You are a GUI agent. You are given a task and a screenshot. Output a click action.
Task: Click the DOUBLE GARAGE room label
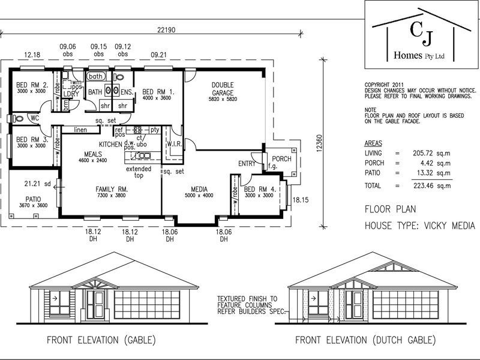(x=222, y=85)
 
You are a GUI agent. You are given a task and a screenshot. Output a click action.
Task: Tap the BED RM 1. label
(x=158, y=92)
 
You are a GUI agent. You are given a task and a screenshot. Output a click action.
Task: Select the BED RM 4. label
(x=259, y=190)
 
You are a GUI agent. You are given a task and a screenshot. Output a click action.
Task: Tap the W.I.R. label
(x=175, y=144)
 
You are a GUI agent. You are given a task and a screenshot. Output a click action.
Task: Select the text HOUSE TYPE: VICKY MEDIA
(x=419, y=226)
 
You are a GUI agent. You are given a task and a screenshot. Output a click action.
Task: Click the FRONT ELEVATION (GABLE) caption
(x=101, y=340)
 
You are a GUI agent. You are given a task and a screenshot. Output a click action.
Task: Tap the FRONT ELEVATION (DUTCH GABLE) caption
(x=365, y=340)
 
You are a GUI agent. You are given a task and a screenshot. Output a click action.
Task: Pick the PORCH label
(x=281, y=159)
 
